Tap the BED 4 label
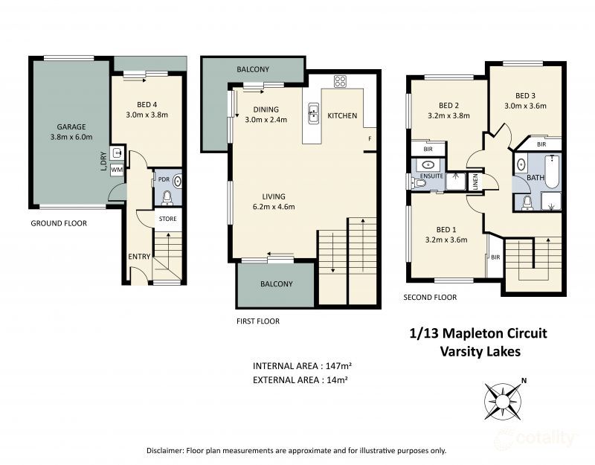click(147, 104)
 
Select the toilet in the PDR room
click(167, 198)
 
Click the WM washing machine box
click(116, 170)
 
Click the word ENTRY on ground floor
click(139, 257)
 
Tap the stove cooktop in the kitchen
click(340, 82)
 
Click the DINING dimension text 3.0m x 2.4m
click(266, 120)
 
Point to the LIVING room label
click(266, 196)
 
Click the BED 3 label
click(525, 95)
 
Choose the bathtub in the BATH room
click(552, 171)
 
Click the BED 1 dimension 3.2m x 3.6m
click(447, 240)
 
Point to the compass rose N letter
click(524, 382)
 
